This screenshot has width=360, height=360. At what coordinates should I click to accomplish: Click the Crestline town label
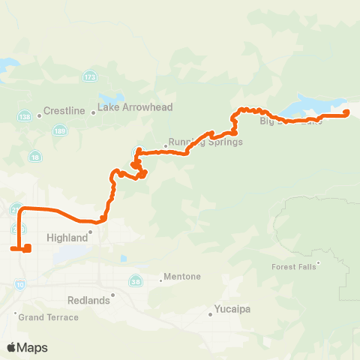coord(65,110)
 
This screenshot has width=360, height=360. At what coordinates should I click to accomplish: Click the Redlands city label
coord(89,300)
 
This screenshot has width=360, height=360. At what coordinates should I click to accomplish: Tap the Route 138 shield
coord(23,116)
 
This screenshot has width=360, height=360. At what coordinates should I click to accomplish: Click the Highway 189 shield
coord(58,130)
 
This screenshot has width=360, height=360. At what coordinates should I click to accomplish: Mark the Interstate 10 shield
coord(19,285)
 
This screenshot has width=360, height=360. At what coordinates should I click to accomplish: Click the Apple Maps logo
coord(27,347)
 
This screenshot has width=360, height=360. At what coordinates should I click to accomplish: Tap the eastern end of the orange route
coord(346,113)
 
